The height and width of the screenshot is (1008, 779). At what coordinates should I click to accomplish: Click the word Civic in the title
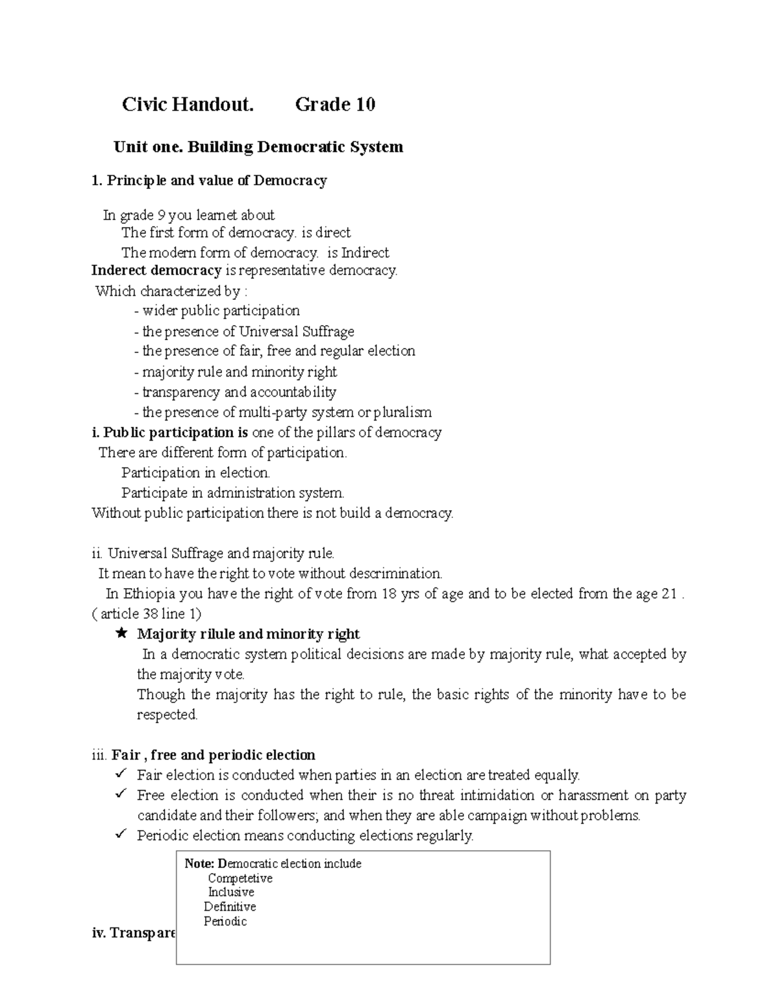click(144, 104)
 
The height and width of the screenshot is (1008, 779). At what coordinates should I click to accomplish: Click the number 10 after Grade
click(364, 104)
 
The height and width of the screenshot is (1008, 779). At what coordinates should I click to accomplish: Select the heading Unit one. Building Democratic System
click(258, 147)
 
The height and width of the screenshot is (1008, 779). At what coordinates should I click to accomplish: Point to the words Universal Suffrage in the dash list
click(296, 332)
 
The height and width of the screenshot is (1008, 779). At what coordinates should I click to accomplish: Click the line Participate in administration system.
click(232, 493)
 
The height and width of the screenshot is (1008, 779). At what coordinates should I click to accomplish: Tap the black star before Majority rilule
click(121, 634)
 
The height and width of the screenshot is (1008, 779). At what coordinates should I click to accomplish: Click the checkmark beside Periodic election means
click(121, 835)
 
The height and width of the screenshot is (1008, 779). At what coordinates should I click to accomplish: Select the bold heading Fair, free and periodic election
click(213, 755)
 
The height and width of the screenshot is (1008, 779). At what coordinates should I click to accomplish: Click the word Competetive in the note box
click(240, 878)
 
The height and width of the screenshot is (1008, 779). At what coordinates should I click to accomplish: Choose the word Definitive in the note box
click(230, 907)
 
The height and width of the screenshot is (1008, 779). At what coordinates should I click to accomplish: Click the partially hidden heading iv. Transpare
click(134, 933)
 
